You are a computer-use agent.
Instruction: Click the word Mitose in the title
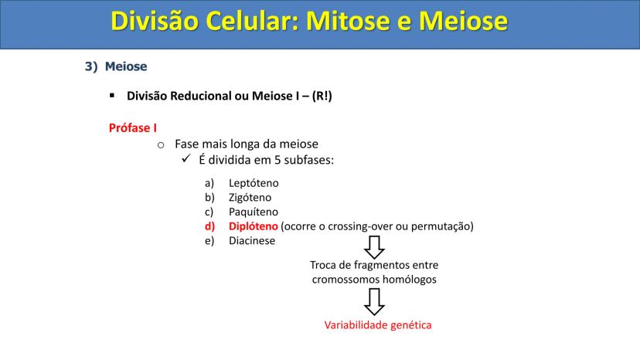point(348,20)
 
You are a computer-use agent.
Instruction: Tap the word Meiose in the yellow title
point(463,20)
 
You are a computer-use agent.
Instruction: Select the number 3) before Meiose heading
point(91,66)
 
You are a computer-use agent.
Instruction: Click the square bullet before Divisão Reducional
point(112,96)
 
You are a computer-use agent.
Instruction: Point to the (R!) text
point(322,96)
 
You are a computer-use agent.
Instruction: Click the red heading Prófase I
point(133,127)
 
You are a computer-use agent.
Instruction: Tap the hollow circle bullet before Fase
point(161,145)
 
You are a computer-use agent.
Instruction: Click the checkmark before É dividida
point(186,158)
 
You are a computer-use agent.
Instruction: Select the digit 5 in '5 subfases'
point(277,160)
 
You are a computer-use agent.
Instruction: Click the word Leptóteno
point(254,183)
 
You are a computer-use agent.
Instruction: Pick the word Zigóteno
point(250,198)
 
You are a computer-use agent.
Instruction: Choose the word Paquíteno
point(253,212)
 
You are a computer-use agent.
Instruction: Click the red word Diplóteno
point(253,226)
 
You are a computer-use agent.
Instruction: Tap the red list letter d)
point(209,226)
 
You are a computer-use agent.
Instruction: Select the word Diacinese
point(252,240)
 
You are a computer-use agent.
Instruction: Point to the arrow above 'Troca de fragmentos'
point(374,247)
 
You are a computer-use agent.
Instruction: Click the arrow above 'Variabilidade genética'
point(374,301)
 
